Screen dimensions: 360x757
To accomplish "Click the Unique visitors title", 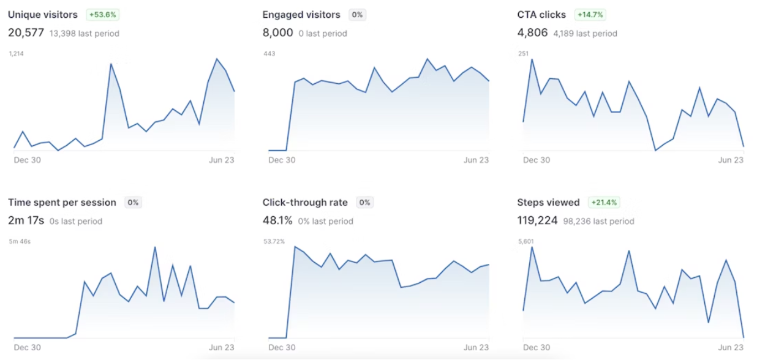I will tap(43, 15).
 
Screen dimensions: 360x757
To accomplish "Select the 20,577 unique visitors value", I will tap(26, 33).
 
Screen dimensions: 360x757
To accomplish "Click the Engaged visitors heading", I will tap(301, 15).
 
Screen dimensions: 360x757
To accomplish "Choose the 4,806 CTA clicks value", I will tap(532, 33).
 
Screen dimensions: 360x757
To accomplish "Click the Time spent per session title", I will tap(62, 203).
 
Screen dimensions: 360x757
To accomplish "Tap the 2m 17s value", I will tap(26, 220).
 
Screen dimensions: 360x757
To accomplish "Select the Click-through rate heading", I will tap(305, 203).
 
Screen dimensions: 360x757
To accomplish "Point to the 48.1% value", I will tap(277, 220).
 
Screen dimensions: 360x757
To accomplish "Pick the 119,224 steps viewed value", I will tap(537, 220).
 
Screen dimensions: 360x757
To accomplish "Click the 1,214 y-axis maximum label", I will tap(16, 54).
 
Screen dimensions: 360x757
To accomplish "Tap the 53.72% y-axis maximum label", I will tap(274, 241).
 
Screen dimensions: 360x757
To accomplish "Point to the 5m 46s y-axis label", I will tap(20, 242).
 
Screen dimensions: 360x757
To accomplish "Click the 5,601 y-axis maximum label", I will tap(525, 241).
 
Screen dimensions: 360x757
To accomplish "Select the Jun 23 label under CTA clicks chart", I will tap(730, 160).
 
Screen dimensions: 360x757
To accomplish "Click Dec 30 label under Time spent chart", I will tap(27, 347).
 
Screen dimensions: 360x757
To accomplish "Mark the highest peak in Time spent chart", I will tap(155, 247).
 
